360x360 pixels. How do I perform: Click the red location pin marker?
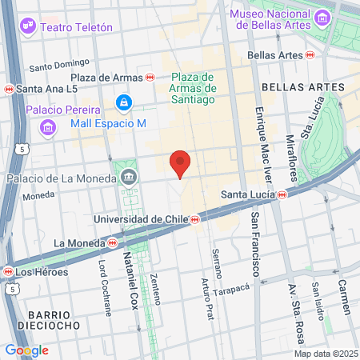[x=181, y=162]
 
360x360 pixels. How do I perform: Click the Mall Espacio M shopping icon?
[x=123, y=102]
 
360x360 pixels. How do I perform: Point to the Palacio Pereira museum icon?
[x=47, y=127]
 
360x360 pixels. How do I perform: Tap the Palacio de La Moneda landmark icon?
[x=127, y=177]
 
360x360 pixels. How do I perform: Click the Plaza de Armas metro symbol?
[x=150, y=76]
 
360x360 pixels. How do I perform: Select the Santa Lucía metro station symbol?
[x=282, y=194]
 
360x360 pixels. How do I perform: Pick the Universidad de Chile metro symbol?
[x=194, y=218]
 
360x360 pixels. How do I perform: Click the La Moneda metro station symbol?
[x=113, y=242]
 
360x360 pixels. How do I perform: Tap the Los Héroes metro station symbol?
[x=9, y=271]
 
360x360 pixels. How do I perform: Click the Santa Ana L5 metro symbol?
[x=9, y=89]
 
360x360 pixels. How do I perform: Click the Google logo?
[x=26, y=350]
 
